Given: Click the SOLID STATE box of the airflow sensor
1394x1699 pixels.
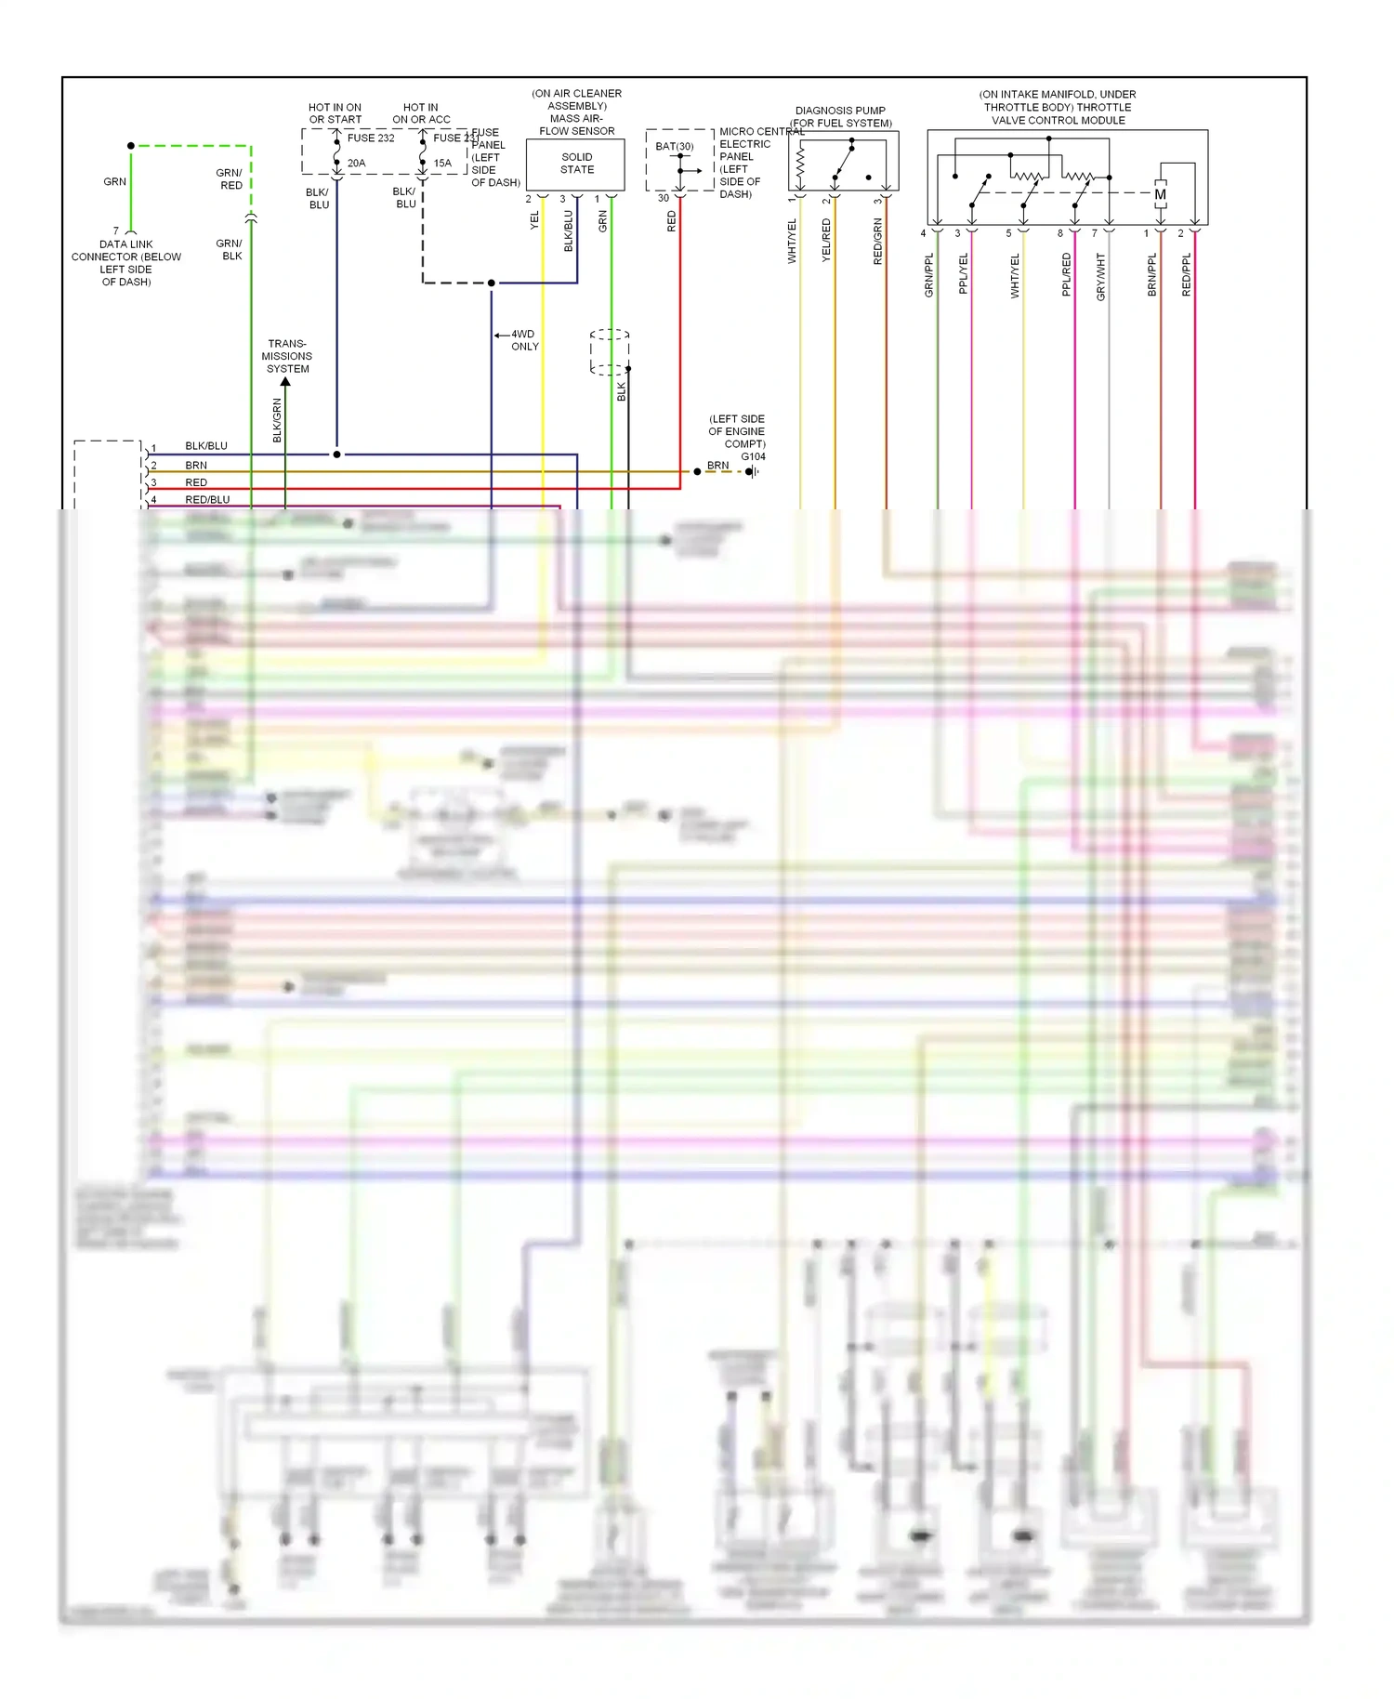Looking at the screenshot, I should tap(576, 164).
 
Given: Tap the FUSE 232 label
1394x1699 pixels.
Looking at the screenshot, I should tap(371, 138).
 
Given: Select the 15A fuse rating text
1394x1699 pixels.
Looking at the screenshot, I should tap(442, 164).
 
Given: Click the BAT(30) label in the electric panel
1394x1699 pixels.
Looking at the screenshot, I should tap(674, 147).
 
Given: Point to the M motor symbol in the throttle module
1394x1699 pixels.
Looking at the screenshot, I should tap(1160, 194).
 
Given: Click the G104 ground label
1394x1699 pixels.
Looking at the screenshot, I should tap(753, 456).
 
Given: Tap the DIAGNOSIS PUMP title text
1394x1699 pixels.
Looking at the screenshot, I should tap(840, 111).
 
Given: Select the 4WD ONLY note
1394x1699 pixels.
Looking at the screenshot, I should tap(524, 340).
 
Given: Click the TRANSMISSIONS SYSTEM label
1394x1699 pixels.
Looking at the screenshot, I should tap(287, 356).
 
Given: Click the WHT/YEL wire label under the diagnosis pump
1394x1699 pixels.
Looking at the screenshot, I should tap(793, 241).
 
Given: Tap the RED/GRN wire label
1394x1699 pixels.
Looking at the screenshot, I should tap(878, 241).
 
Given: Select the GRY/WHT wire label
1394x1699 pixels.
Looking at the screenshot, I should tap(1101, 276).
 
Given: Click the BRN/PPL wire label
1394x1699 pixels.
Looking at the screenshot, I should tap(1152, 275).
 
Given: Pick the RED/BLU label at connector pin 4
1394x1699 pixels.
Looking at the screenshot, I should tap(207, 500).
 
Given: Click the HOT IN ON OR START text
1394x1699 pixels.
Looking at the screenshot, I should tap(335, 113).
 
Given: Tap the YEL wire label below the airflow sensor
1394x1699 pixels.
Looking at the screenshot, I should tap(534, 221).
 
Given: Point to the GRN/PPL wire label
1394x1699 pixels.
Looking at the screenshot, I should tap(928, 275).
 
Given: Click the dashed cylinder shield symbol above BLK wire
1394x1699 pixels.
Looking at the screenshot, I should tap(610, 351).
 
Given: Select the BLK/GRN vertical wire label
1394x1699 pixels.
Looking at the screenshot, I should tap(277, 419).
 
